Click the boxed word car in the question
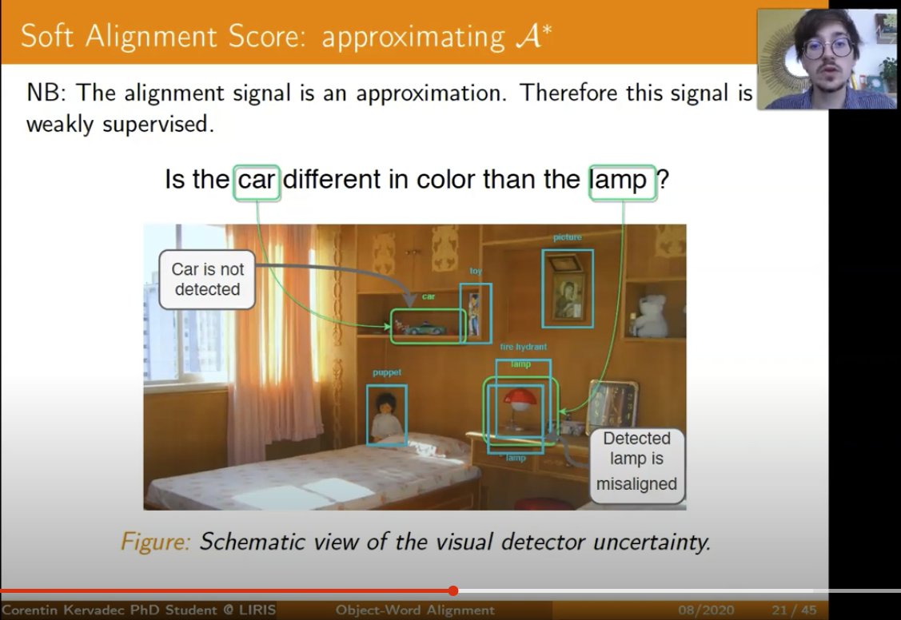[257, 180]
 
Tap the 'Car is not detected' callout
[207, 279]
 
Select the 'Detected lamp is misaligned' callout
[636, 461]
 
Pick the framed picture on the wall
[568, 288]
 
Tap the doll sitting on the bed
[387, 415]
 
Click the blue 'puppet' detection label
[386, 373]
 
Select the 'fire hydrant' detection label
[524, 348]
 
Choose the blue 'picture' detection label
[567, 237]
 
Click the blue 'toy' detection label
[476, 272]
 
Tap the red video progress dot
[453, 591]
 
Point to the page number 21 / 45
[794, 610]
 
